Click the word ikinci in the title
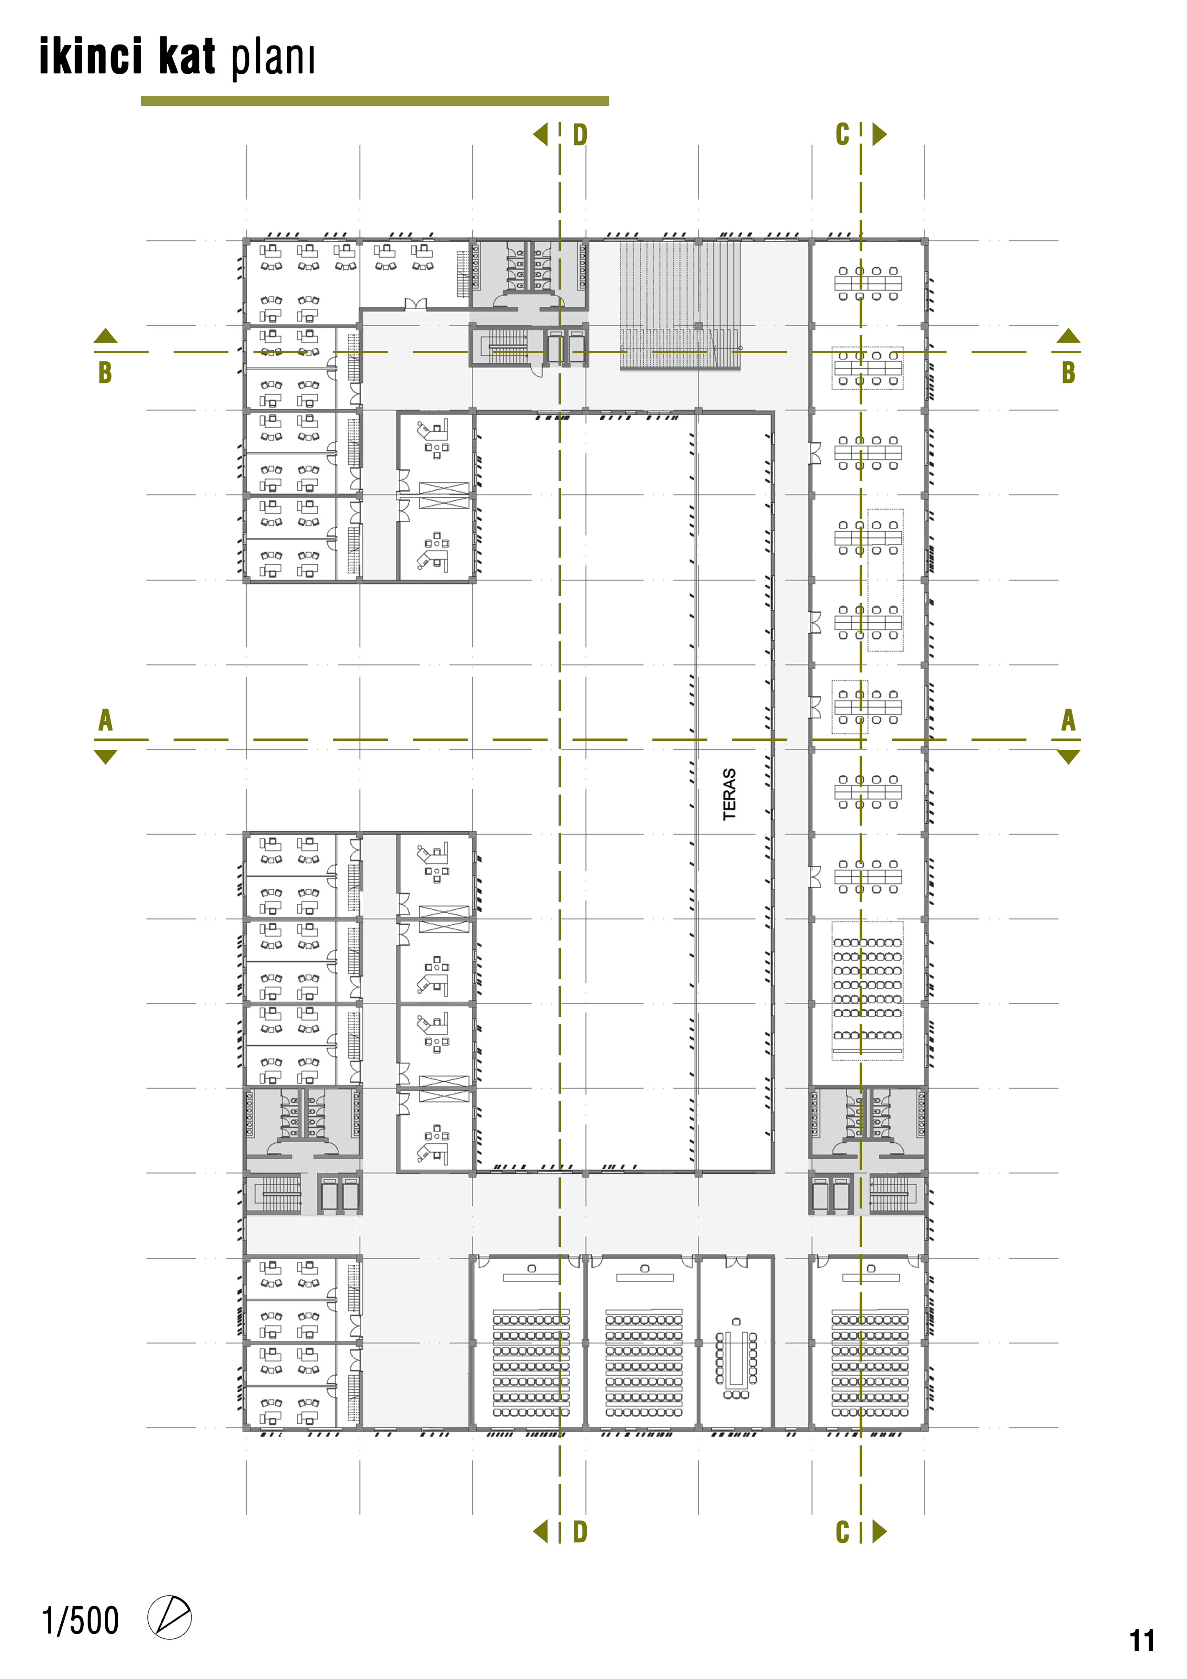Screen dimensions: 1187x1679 pyautogui.click(x=90, y=56)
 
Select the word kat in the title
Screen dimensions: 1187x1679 pyautogui.click(x=187, y=56)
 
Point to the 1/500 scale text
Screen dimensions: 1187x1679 pyautogui.click(x=80, y=1621)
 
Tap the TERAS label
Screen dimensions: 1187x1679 pyautogui.click(x=729, y=794)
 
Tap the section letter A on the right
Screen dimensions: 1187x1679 pyautogui.click(x=1068, y=720)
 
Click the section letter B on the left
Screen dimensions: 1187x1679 pyautogui.click(x=105, y=372)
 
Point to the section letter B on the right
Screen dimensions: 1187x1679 pyautogui.click(x=1068, y=372)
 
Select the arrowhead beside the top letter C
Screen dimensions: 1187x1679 pyautogui.click(x=880, y=134)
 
